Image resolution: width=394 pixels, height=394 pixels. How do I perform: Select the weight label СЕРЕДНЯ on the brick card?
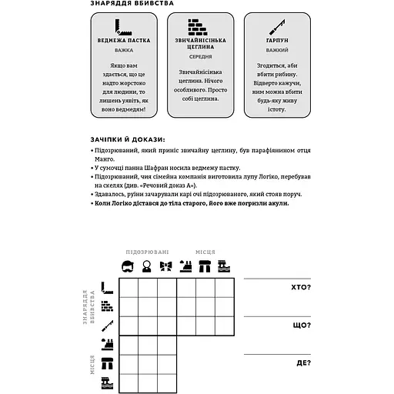point(196,56)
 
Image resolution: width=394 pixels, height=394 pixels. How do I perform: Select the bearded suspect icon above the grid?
point(128,268)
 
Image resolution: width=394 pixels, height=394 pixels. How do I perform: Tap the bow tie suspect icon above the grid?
point(165,268)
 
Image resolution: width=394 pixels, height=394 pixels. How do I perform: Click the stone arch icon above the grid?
point(205,268)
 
